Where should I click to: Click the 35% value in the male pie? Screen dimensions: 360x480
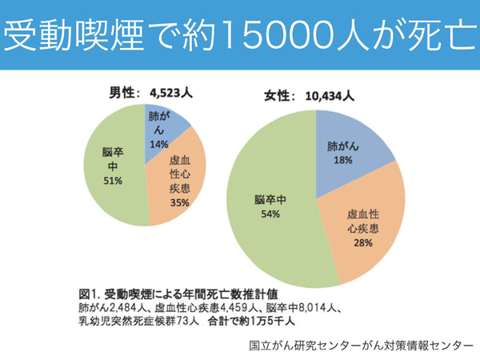179,202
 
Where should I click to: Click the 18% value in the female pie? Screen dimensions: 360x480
344,161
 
